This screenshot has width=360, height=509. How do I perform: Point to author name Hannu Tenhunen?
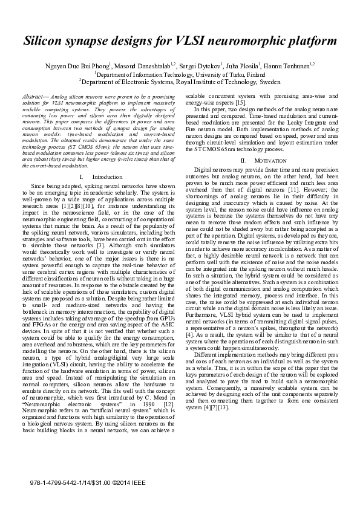tap(288, 65)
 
